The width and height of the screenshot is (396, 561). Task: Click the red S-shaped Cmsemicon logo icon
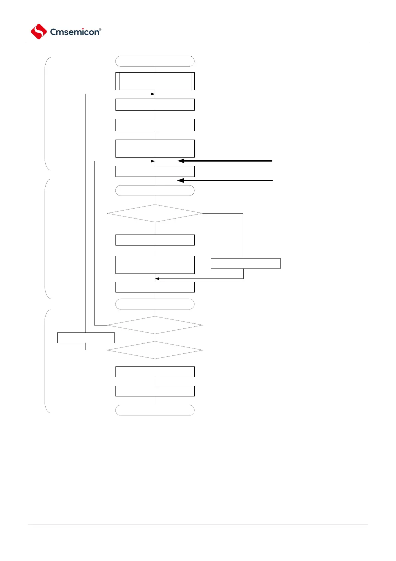[39, 32]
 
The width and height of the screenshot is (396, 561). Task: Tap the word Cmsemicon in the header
[75, 32]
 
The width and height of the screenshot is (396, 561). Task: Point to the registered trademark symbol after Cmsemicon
[100, 29]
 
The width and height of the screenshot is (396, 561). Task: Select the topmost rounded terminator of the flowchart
[155, 61]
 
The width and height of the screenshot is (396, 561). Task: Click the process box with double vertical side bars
[155, 81]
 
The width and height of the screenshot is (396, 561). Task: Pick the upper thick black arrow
[225, 161]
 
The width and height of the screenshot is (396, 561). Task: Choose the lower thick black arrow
[225, 181]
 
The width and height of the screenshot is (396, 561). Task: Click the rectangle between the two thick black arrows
[155, 171]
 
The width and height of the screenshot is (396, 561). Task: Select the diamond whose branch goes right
[155, 213]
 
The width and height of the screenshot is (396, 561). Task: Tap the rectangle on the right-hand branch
[246, 264]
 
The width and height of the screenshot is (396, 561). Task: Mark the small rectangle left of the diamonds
[86, 337]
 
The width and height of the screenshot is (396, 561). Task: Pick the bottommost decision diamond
[155, 350]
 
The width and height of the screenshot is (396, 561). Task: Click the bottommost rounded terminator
[155, 410]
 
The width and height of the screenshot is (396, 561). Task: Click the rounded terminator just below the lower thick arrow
[155, 191]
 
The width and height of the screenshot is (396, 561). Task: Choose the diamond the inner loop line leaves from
[155, 325]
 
